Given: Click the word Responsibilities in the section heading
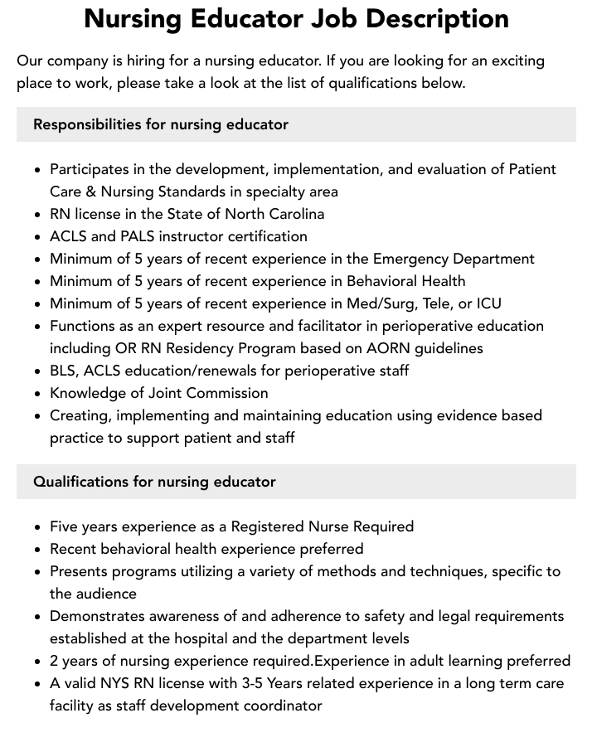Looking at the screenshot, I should coord(87,124).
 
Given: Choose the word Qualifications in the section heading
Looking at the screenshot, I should coord(81,482).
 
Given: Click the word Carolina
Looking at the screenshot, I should coord(289,214).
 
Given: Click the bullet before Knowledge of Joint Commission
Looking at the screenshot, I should coord(37,394).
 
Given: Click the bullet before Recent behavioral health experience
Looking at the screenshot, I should coord(37,550).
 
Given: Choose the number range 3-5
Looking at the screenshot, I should coord(255,684).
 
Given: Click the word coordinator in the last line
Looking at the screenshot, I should coord(281,706).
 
